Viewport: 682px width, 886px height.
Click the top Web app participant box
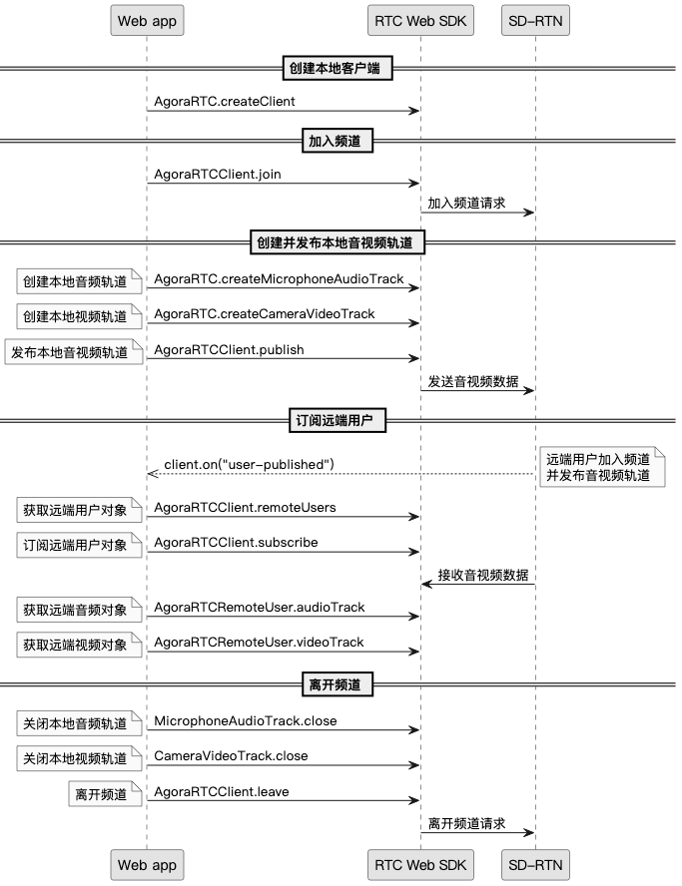coord(147,20)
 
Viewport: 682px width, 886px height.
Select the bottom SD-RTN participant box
coord(536,864)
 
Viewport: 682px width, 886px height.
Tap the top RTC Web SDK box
coord(419,20)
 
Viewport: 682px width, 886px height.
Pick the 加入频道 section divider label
coord(337,141)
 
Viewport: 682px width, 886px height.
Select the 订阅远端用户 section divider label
coord(337,421)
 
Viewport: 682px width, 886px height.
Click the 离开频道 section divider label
coord(337,684)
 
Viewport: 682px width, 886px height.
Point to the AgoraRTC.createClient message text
coord(225,101)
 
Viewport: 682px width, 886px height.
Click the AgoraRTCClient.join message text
coord(218,174)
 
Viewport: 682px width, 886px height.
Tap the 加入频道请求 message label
coord(466,203)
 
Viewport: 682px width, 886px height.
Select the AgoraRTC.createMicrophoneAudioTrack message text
coord(279,278)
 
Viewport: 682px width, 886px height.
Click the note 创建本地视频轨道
coord(76,317)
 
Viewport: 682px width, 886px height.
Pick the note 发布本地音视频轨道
coord(70,352)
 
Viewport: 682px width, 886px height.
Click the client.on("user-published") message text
coord(249,464)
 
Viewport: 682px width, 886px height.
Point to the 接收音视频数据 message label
coord(482,575)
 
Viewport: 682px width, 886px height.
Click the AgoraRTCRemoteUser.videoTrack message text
coord(260,642)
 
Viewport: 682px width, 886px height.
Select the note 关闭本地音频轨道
coord(76,723)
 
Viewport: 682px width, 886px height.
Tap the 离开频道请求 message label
coord(466,824)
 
